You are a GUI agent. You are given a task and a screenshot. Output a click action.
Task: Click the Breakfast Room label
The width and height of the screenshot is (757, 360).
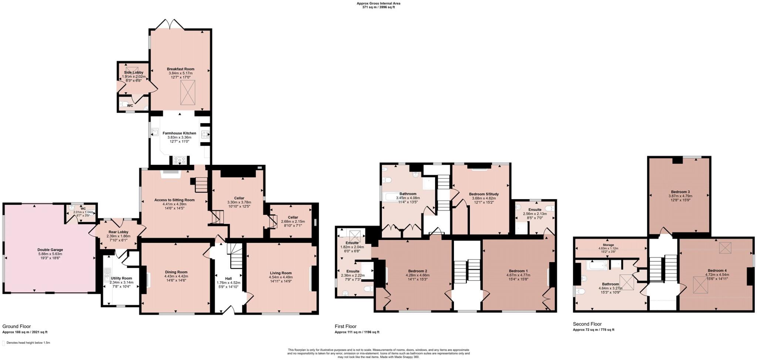click(180, 69)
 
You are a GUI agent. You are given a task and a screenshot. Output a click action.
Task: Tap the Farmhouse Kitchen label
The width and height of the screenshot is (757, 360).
click(179, 133)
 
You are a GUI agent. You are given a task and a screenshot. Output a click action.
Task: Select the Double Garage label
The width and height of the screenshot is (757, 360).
click(50, 250)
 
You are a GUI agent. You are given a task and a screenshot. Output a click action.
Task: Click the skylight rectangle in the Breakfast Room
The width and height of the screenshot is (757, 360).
click(187, 92)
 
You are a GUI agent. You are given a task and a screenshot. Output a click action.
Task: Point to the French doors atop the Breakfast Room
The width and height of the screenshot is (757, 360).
click(170, 25)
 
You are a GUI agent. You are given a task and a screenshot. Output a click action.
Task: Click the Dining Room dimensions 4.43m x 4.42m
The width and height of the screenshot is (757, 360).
click(176, 276)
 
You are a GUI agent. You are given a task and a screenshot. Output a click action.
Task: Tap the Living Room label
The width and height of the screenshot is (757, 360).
click(281, 273)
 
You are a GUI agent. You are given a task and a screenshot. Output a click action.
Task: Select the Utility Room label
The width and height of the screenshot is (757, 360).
click(121, 278)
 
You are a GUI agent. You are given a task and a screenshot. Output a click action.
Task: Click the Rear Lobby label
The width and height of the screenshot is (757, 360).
click(118, 232)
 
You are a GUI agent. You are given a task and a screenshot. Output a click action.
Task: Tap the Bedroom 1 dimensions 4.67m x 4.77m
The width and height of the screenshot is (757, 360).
click(518, 275)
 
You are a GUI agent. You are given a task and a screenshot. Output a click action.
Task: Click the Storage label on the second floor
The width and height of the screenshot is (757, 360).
click(608, 245)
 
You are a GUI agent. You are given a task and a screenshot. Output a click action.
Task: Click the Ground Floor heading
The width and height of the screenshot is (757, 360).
click(17, 326)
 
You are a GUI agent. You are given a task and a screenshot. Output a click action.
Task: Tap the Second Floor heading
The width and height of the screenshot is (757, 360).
click(587, 324)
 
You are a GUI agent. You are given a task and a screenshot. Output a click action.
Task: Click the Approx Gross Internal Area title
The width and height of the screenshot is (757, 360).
click(378, 3)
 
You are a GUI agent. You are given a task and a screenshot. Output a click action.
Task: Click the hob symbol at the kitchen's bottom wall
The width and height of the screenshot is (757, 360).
click(180, 160)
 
